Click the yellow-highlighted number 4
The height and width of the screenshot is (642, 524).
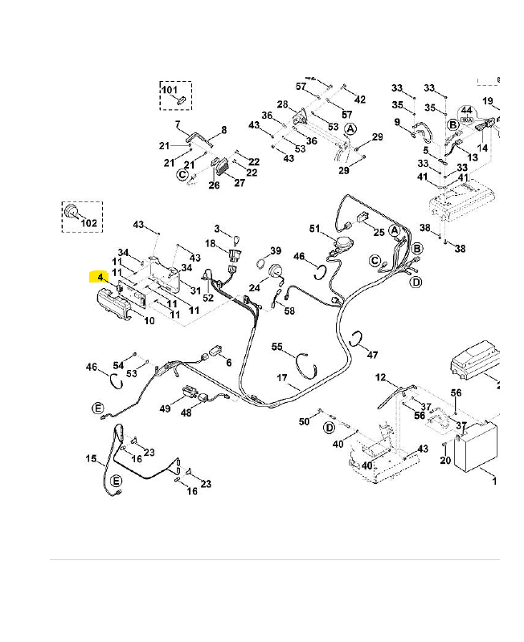click(100, 278)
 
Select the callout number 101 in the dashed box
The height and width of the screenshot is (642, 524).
click(169, 89)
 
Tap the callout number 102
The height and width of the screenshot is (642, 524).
click(89, 222)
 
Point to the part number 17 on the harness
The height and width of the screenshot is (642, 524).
click(282, 377)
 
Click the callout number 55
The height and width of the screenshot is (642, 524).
click(277, 347)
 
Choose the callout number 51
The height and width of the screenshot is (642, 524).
click(314, 228)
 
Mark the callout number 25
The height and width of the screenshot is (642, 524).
click(379, 232)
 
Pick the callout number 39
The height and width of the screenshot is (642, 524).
click(276, 251)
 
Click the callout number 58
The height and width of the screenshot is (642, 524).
click(289, 311)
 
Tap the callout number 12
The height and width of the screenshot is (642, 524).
click(381, 377)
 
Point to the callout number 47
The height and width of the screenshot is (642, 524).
click(372, 355)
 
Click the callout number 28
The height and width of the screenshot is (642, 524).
click(282, 104)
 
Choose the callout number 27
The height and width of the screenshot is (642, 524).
click(239, 183)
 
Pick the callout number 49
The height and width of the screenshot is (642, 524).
click(166, 408)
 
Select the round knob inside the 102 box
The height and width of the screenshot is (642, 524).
click(72, 211)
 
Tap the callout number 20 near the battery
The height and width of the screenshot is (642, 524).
click(445, 460)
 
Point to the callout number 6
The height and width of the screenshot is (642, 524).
click(228, 363)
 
